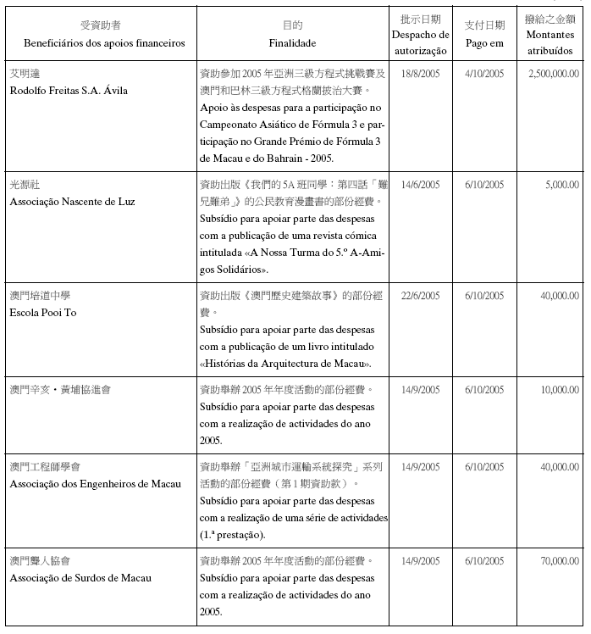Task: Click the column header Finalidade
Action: click(x=292, y=42)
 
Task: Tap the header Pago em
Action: click(x=484, y=42)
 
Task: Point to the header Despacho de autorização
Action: click(x=421, y=42)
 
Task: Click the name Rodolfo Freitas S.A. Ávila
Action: click(x=69, y=91)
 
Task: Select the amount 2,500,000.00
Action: click(x=553, y=74)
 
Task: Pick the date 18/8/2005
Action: click(x=421, y=74)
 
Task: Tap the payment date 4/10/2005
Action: click(x=484, y=74)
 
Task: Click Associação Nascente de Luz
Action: click(x=72, y=202)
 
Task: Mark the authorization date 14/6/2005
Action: click(x=421, y=184)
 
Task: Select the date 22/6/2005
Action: click(x=421, y=296)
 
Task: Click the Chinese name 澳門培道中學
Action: click(x=39, y=296)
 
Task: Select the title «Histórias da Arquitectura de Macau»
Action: click(x=286, y=364)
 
